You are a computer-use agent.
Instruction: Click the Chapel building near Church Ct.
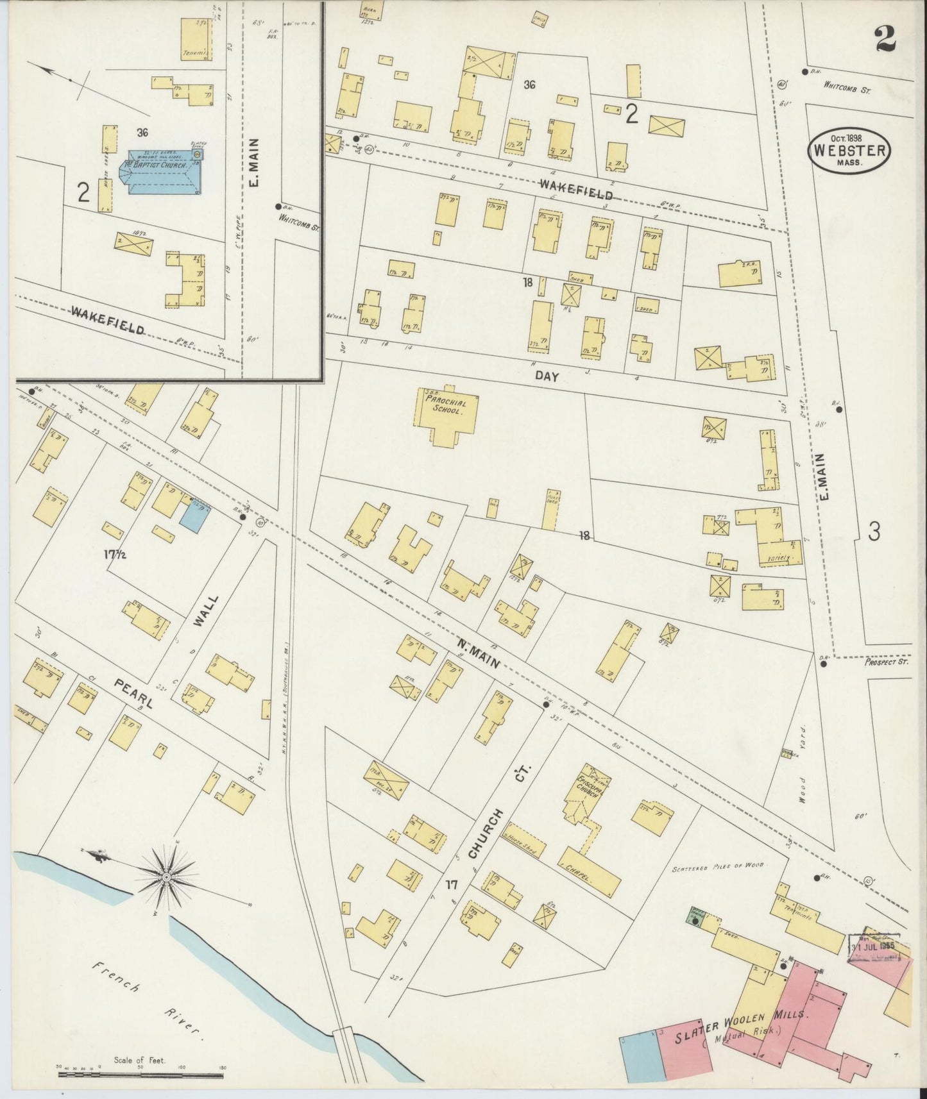pyautogui.click(x=589, y=872)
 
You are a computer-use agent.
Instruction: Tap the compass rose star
pyautogui.click(x=166, y=877)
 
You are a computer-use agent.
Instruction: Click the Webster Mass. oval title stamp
pyautogui.click(x=849, y=152)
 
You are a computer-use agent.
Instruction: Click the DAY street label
pyautogui.click(x=547, y=377)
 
